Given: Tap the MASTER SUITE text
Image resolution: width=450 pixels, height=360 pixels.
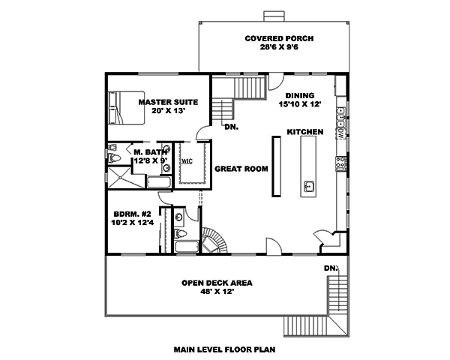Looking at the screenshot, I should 167,100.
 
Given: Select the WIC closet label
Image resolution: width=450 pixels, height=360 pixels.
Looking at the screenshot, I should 185,160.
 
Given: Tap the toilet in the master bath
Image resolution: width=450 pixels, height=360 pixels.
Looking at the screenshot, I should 112,157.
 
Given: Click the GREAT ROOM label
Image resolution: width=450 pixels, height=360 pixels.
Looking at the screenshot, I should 241,169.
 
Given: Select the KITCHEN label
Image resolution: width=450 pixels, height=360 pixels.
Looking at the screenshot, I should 304,132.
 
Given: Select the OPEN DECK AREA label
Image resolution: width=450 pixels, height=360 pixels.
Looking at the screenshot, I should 217,283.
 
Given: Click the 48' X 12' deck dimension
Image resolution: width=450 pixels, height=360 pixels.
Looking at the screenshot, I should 217,292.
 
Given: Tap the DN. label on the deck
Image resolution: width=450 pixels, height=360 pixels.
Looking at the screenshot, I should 330,268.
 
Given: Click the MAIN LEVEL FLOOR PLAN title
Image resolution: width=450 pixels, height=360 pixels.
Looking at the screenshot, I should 224,349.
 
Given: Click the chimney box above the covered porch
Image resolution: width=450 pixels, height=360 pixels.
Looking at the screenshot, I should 269,16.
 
